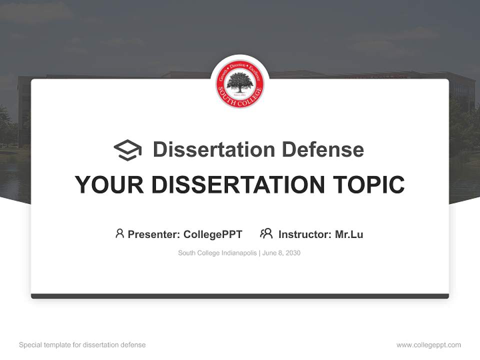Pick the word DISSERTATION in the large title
click(x=237, y=184)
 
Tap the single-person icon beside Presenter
click(x=119, y=233)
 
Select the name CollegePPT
click(x=212, y=234)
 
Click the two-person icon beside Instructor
click(x=266, y=233)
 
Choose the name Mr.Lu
click(x=349, y=234)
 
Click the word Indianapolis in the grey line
click(x=237, y=253)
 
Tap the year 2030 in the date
click(x=292, y=253)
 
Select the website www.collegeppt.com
click(x=428, y=345)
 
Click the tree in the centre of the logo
click(x=240, y=81)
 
